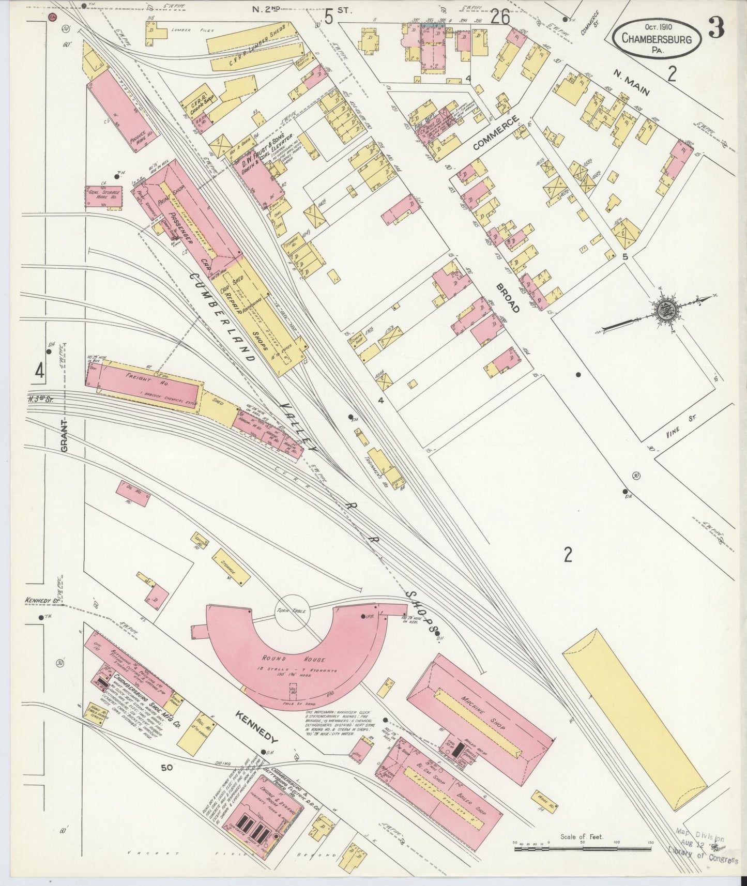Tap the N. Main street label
631,83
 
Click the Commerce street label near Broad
495,133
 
